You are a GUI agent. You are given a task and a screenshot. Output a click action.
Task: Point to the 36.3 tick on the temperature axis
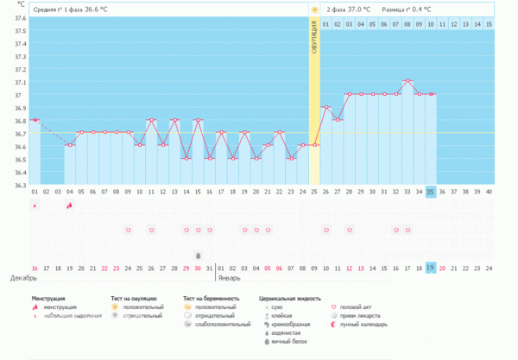coord(20,185)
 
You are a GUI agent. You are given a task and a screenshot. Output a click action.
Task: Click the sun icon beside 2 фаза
coord(315,9)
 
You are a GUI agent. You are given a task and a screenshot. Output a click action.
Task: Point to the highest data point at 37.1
coord(408,81)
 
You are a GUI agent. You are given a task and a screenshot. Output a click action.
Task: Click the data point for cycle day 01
coord(35,120)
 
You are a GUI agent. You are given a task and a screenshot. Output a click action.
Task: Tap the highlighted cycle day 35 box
coord(431,192)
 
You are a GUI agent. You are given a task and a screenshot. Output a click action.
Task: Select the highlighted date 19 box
coord(431,268)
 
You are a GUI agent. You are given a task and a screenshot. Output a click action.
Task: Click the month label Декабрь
coord(23,280)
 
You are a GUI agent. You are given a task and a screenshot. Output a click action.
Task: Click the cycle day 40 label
coord(489,192)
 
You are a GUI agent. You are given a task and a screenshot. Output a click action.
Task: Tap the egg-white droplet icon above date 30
coord(199,256)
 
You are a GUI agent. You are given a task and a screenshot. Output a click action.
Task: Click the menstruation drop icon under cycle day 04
coord(70,205)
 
